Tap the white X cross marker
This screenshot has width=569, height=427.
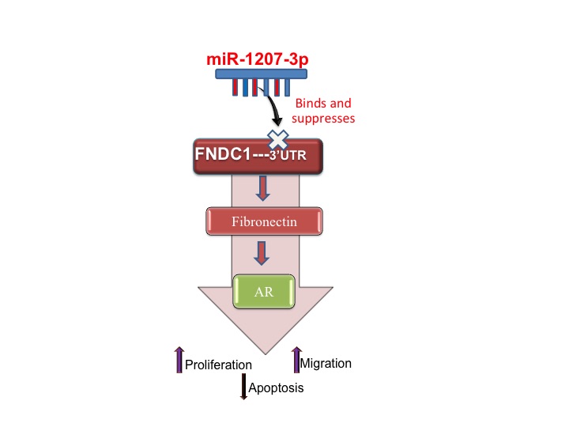tap(277, 139)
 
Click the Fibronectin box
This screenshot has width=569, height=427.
tap(264, 222)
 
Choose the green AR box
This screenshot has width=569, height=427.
tap(264, 292)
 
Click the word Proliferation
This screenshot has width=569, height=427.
tap(218, 365)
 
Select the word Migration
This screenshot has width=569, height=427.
tap(326, 363)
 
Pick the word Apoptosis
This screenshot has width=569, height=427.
tap(276, 388)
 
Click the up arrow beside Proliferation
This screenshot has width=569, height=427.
tap(179, 359)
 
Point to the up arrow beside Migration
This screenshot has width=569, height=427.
tap(297, 358)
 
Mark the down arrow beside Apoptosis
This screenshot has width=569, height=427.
tap(244, 386)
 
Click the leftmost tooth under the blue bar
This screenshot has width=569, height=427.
tap(235, 87)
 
